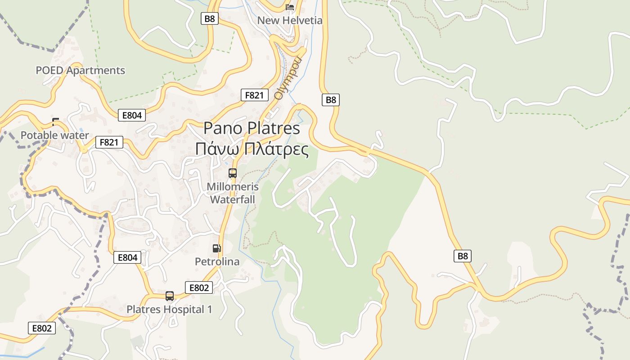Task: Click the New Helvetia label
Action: click(x=289, y=20)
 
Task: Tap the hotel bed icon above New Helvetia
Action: click(x=290, y=7)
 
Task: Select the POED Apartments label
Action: click(x=80, y=70)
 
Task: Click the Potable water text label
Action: click(x=54, y=135)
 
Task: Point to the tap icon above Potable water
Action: click(x=55, y=121)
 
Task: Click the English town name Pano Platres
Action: click(x=252, y=128)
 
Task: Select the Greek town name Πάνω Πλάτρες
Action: click(x=252, y=149)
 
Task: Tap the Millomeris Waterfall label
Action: click(x=233, y=193)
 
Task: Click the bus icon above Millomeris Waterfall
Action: click(x=232, y=173)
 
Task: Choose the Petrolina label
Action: click(x=217, y=261)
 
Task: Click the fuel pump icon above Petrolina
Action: click(x=217, y=248)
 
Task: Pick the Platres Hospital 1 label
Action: click(x=169, y=310)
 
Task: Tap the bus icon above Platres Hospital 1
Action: click(x=170, y=296)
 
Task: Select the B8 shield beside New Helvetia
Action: click(x=209, y=18)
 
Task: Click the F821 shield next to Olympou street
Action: click(x=254, y=95)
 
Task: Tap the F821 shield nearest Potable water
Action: click(x=109, y=143)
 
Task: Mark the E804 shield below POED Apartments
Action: click(x=132, y=115)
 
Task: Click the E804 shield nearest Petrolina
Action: click(x=127, y=257)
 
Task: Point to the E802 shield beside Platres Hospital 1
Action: click(x=199, y=288)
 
